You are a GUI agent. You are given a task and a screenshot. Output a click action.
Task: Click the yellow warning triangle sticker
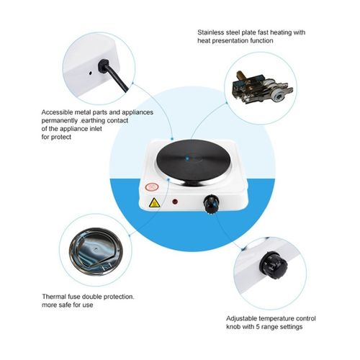pos(154,202)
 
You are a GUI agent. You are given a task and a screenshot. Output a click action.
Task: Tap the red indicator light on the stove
pos(175,202)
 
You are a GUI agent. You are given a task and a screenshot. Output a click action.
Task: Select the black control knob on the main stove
pos(211,204)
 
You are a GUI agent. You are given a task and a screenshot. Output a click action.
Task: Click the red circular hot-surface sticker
pos(152,187)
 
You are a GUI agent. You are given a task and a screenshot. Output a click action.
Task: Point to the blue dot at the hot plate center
pos(187,158)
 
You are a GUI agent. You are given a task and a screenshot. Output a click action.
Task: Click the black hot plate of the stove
pos(193,160)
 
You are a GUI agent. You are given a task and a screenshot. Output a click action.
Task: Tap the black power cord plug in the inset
pos(104,66)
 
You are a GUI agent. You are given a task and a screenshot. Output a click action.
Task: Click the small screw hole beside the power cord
pos(90,73)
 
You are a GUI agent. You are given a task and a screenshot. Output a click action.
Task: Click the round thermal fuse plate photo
pos(96,249)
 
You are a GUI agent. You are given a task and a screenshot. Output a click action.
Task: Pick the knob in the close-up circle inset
pos(274,265)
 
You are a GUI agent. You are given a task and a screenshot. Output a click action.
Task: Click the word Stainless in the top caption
pos(210,32)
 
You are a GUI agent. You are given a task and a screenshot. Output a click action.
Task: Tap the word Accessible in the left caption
pos(57,112)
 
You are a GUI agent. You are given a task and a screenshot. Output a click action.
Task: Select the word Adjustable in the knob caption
pos(241,319)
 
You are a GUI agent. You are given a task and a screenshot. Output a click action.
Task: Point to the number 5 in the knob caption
pos(258,327)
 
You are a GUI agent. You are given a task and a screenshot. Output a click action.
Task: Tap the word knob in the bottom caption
pos(233,327)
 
